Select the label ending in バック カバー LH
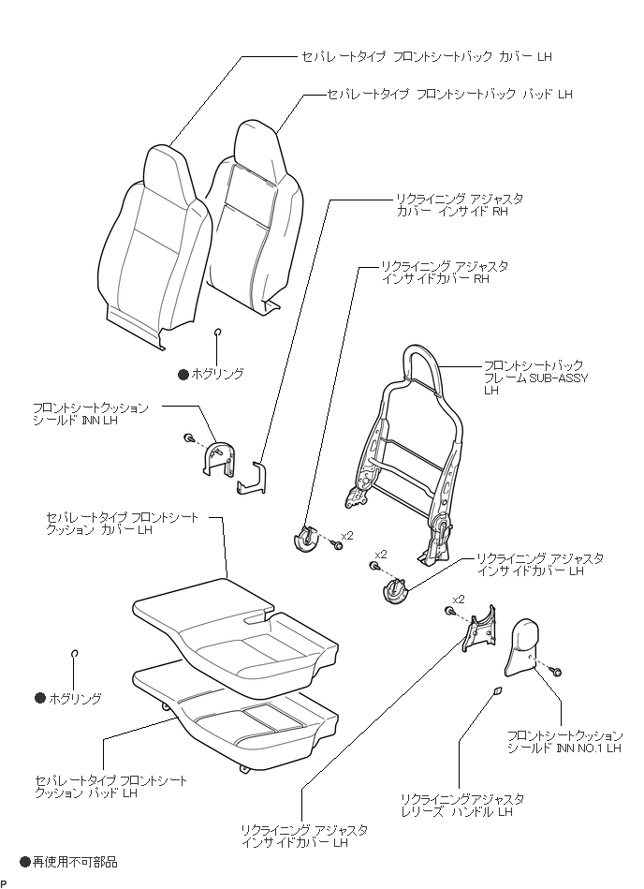click(x=426, y=56)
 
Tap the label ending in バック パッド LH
click(x=448, y=95)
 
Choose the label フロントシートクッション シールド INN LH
click(x=90, y=415)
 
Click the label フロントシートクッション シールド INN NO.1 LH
click(x=564, y=742)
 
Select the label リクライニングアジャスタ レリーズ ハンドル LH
click(x=461, y=805)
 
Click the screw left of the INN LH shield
click(x=188, y=438)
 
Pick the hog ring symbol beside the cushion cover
click(x=74, y=653)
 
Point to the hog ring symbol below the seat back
click(x=218, y=332)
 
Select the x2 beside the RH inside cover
click(x=347, y=535)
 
